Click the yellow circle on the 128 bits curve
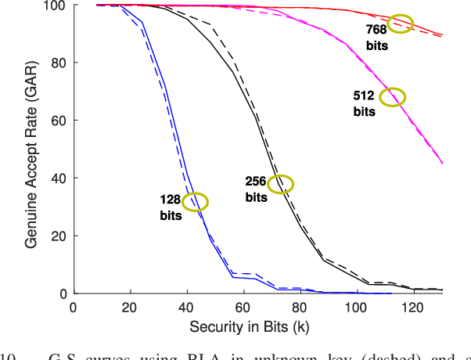(x=195, y=202)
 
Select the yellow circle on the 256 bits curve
(x=280, y=184)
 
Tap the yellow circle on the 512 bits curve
(x=393, y=97)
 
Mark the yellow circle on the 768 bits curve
(x=401, y=23)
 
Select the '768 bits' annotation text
(x=376, y=36)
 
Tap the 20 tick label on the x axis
(x=130, y=308)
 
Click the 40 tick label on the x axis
(x=186, y=308)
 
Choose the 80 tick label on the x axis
(x=300, y=308)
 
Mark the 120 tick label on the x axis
(x=414, y=308)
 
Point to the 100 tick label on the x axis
(x=357, y=308)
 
